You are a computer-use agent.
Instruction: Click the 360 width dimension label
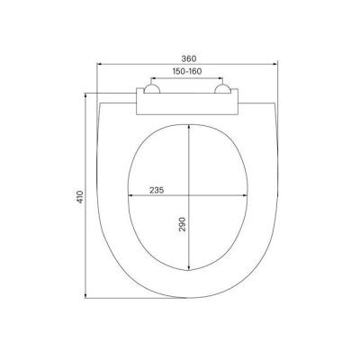[189, 58]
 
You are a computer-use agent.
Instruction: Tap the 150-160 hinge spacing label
[187, 71]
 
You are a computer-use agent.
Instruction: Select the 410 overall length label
[80, 197]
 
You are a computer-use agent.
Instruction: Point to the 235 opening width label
[157, 190]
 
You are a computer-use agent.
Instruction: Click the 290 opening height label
[183, 224]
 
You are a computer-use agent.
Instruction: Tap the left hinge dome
[152, 88]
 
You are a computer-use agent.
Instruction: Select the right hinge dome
[222, 88]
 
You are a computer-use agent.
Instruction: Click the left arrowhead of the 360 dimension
[99, 64]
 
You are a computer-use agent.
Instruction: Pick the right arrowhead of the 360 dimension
[274, 64]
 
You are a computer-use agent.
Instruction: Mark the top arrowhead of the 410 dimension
[86, 96]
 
